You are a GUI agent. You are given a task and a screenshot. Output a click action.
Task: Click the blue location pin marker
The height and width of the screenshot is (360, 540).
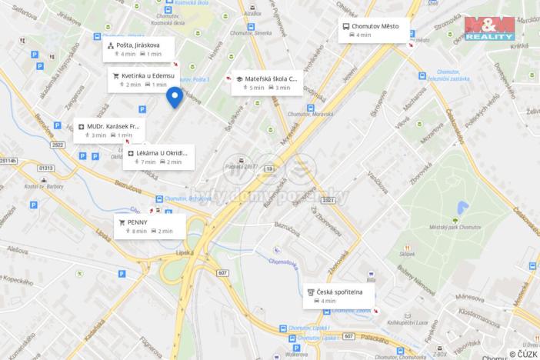click(x=175, y=98)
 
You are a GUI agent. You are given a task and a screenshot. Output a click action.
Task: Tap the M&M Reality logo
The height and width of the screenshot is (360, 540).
click(x=490, y=28)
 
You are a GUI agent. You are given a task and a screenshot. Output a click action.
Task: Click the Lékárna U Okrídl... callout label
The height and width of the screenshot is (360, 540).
click(x=161, y=153)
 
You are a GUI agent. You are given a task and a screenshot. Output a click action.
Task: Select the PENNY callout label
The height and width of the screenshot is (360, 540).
click(x=138, y=222)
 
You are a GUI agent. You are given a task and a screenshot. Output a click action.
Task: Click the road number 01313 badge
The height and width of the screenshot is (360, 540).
click(x=46, y=168)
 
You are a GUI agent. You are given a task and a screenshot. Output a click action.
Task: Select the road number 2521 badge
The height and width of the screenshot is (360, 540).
click(x=329, y=200)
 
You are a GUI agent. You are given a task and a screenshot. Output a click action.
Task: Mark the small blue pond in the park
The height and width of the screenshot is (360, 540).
click(x=462, y=208)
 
